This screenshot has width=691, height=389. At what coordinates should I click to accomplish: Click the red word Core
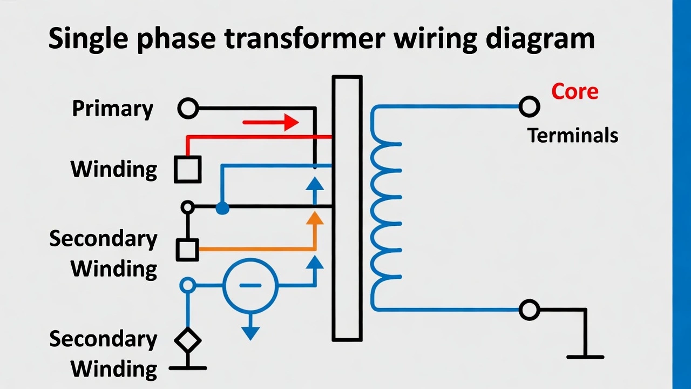574,91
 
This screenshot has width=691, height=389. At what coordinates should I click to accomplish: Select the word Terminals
572,135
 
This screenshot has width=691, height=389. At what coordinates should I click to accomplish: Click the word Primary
112,109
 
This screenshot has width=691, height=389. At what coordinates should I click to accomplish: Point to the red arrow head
292,122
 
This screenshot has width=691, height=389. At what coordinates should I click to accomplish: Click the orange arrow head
315,217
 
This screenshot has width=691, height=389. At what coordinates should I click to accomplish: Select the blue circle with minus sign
250,285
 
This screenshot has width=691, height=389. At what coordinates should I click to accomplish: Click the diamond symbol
187,340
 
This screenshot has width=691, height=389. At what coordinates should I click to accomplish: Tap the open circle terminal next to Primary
188,109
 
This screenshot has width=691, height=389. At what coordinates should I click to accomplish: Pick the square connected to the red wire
187,169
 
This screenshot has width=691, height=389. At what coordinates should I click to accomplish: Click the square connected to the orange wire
187,250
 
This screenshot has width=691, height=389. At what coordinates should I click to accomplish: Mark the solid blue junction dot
222,207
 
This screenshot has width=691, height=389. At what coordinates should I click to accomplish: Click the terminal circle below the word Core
529,107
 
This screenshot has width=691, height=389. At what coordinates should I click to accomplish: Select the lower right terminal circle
529,310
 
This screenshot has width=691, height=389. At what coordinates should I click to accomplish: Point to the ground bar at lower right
585,357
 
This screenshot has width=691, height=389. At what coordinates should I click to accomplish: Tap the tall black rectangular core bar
347,209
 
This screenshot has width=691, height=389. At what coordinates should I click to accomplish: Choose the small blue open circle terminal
187,285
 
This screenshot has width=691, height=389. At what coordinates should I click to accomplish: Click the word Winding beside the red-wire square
113,169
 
